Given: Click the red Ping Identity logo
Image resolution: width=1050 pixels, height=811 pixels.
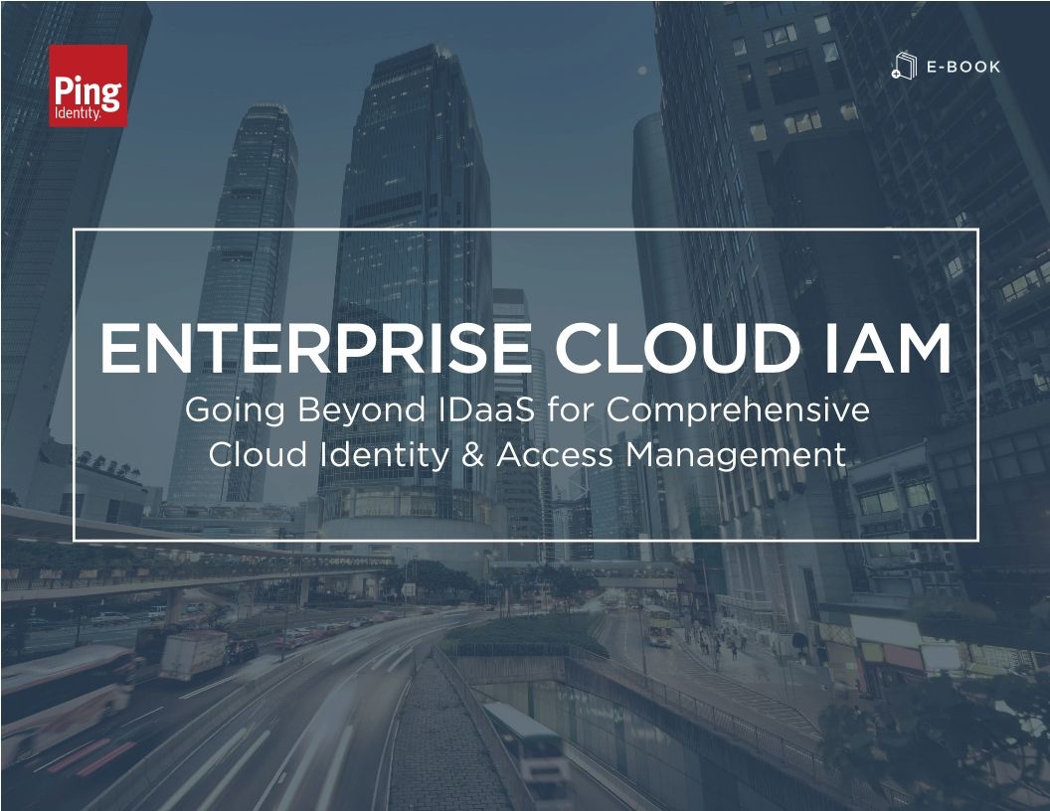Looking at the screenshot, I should [88, 85].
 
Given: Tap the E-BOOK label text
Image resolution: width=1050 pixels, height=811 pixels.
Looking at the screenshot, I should [962, 68].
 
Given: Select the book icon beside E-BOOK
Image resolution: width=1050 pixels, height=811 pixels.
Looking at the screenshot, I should [903, 68].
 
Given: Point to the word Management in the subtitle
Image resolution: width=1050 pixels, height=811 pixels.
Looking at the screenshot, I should [735, 455].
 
